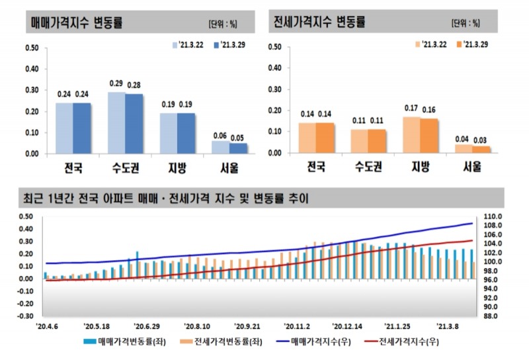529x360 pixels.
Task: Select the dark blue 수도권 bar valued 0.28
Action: tap(134, 124)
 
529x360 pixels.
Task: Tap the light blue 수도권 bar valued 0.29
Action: tap(116, 122)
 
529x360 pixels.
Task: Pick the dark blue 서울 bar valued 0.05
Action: tap(237, 148)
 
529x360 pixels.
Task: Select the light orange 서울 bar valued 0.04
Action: tap(464, 149)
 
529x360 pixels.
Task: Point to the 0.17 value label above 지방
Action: tap(411, 109)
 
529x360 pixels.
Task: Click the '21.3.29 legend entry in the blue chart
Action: tap(230, 45)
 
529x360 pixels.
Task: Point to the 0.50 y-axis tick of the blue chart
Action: tap(31, 48)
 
